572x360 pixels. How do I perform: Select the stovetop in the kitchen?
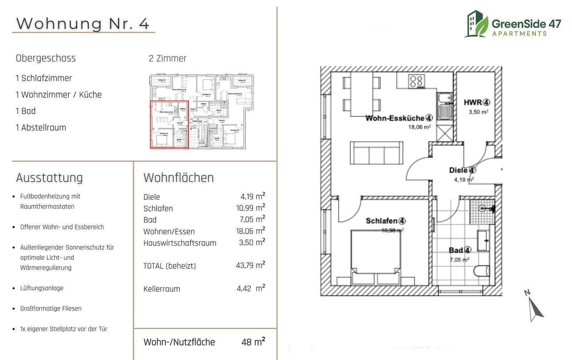click(417, 81)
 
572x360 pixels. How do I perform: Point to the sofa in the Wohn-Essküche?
click(376, 153)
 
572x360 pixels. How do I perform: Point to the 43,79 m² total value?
click(250, 266)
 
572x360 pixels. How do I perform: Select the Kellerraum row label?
click(162, 289)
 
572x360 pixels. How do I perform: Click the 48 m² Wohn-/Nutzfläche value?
click(253, 342)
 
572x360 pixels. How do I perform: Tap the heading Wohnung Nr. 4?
click(83, 24)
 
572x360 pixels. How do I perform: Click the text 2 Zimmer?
click(167, 58)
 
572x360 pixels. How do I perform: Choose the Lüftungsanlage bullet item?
click(42, 288)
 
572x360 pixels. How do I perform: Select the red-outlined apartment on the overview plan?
click(169, 125)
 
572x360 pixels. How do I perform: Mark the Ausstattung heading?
click(49, 178)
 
